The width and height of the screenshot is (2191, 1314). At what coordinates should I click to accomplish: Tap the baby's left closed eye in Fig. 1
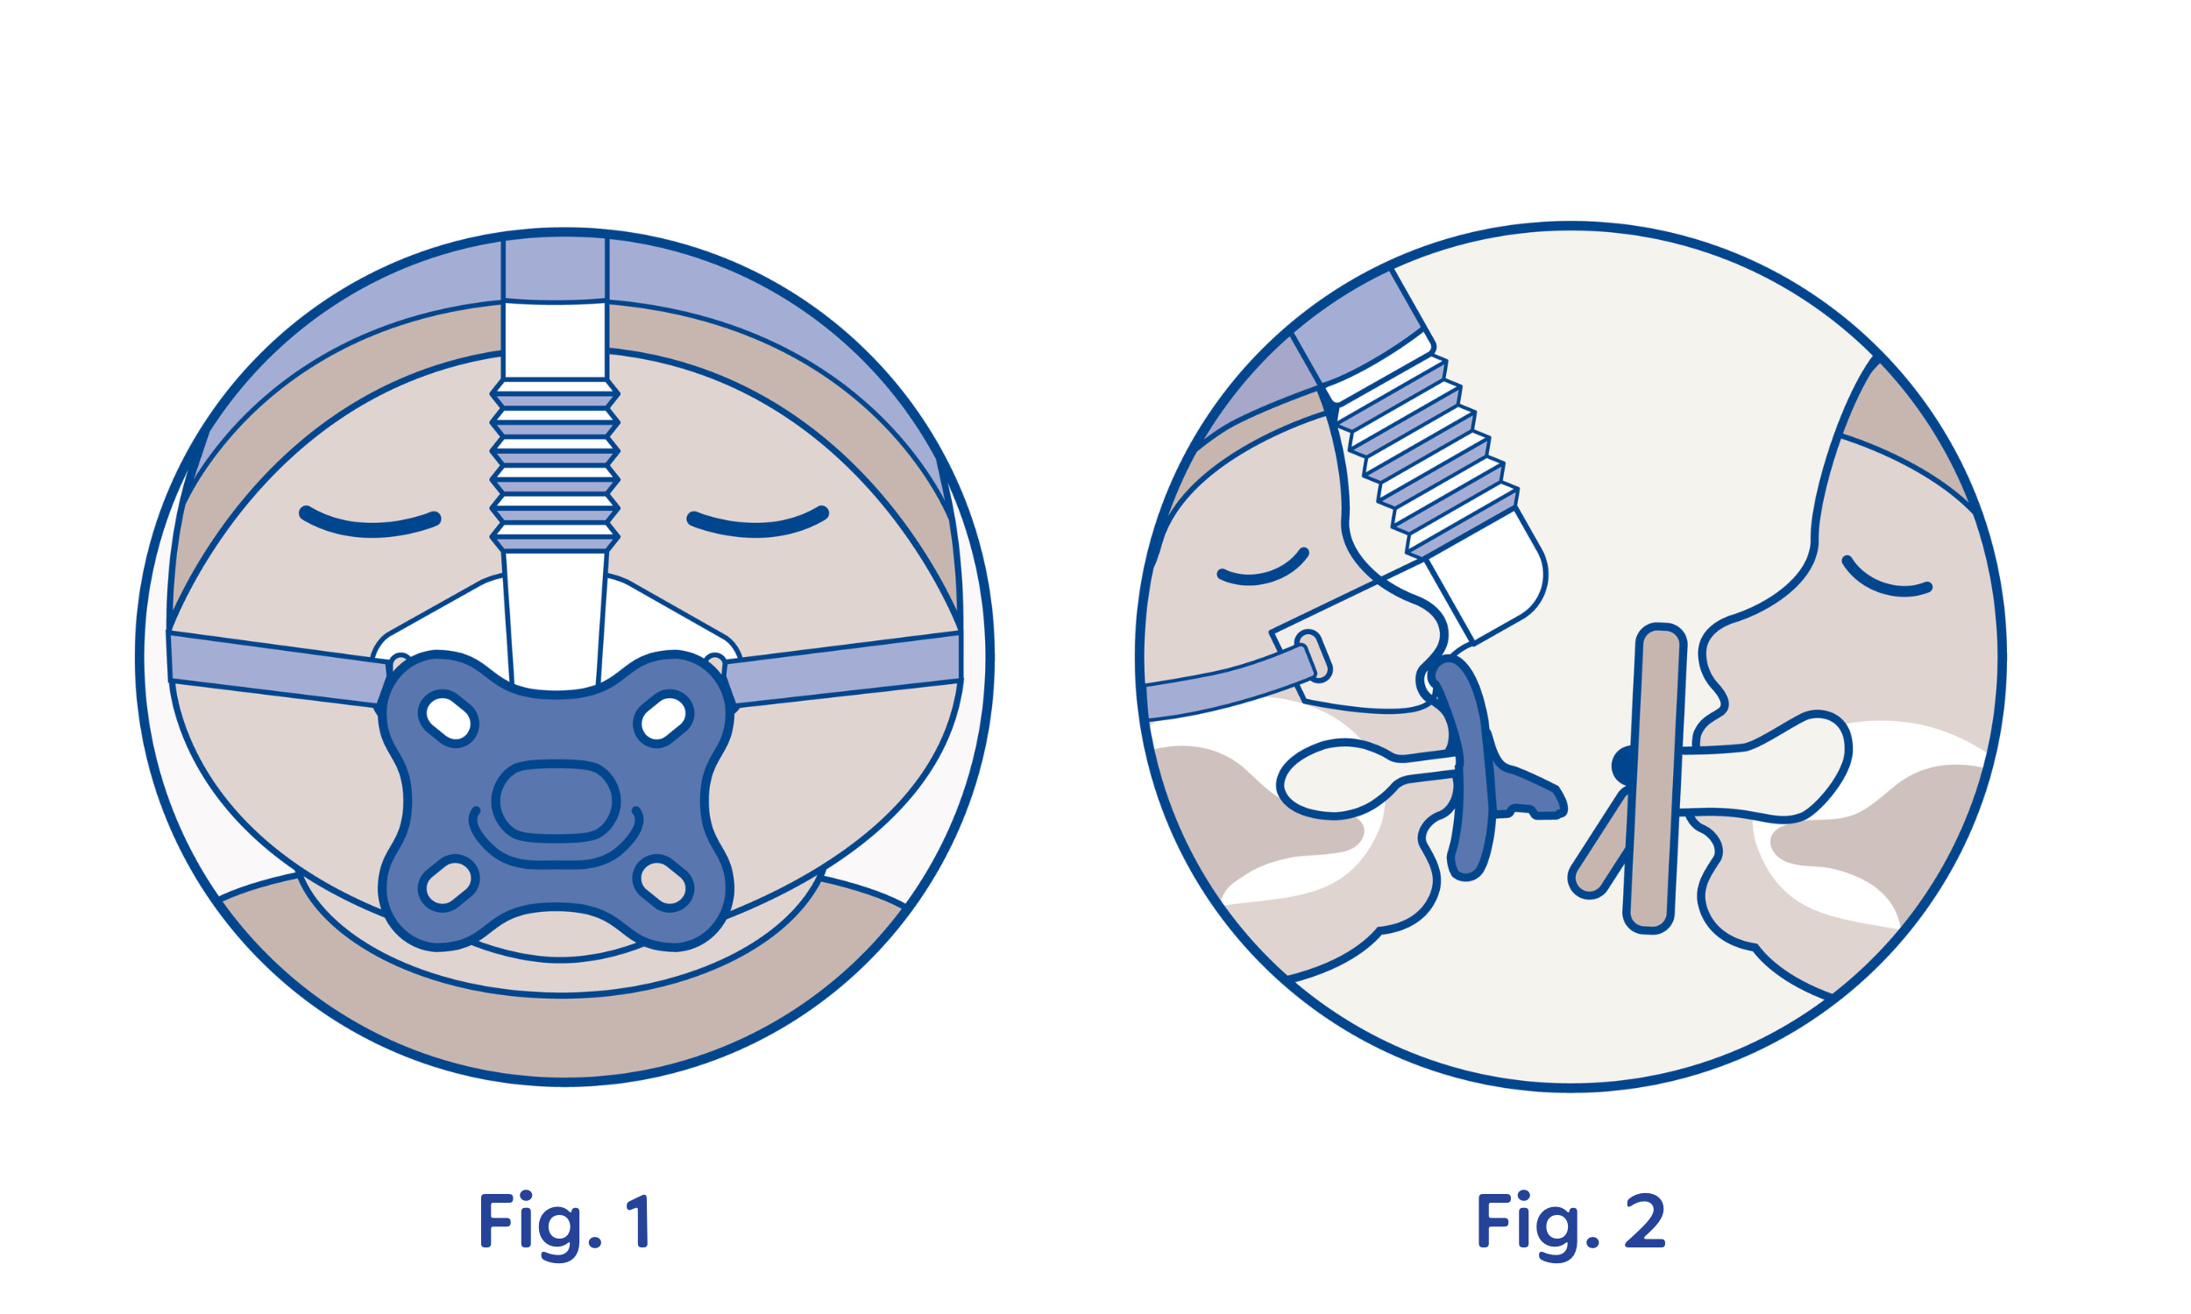pos(370,523)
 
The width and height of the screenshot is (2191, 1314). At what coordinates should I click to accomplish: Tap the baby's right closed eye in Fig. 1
pos(758,523)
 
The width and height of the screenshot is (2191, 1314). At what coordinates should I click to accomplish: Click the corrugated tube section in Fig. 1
pos(555,466)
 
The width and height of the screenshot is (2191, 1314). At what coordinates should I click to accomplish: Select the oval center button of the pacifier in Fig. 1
pos(556,802)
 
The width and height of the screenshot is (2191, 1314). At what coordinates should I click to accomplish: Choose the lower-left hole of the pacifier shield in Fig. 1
pos(448,883)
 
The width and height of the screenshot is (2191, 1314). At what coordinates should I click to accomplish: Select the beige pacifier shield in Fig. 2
pos(1653,779)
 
